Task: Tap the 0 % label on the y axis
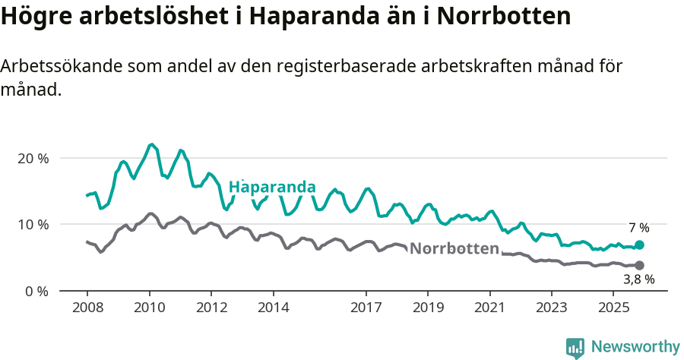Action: pyautogui.click(x=36, y=291)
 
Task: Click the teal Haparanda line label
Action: pyautogui.click(x=272, y=187)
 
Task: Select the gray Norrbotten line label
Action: pyautogui.click(x=454, y=248)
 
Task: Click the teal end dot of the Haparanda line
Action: pyautogui.click(x=639, y=245)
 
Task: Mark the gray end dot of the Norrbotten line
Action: pyautogui.click(x=639, y=265)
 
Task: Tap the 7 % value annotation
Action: pyautogui.click(x=638, y=228)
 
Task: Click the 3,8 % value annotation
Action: pyautogui.click(x=638, y=280)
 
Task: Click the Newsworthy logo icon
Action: pyautogui.click(x=575, y=348)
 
